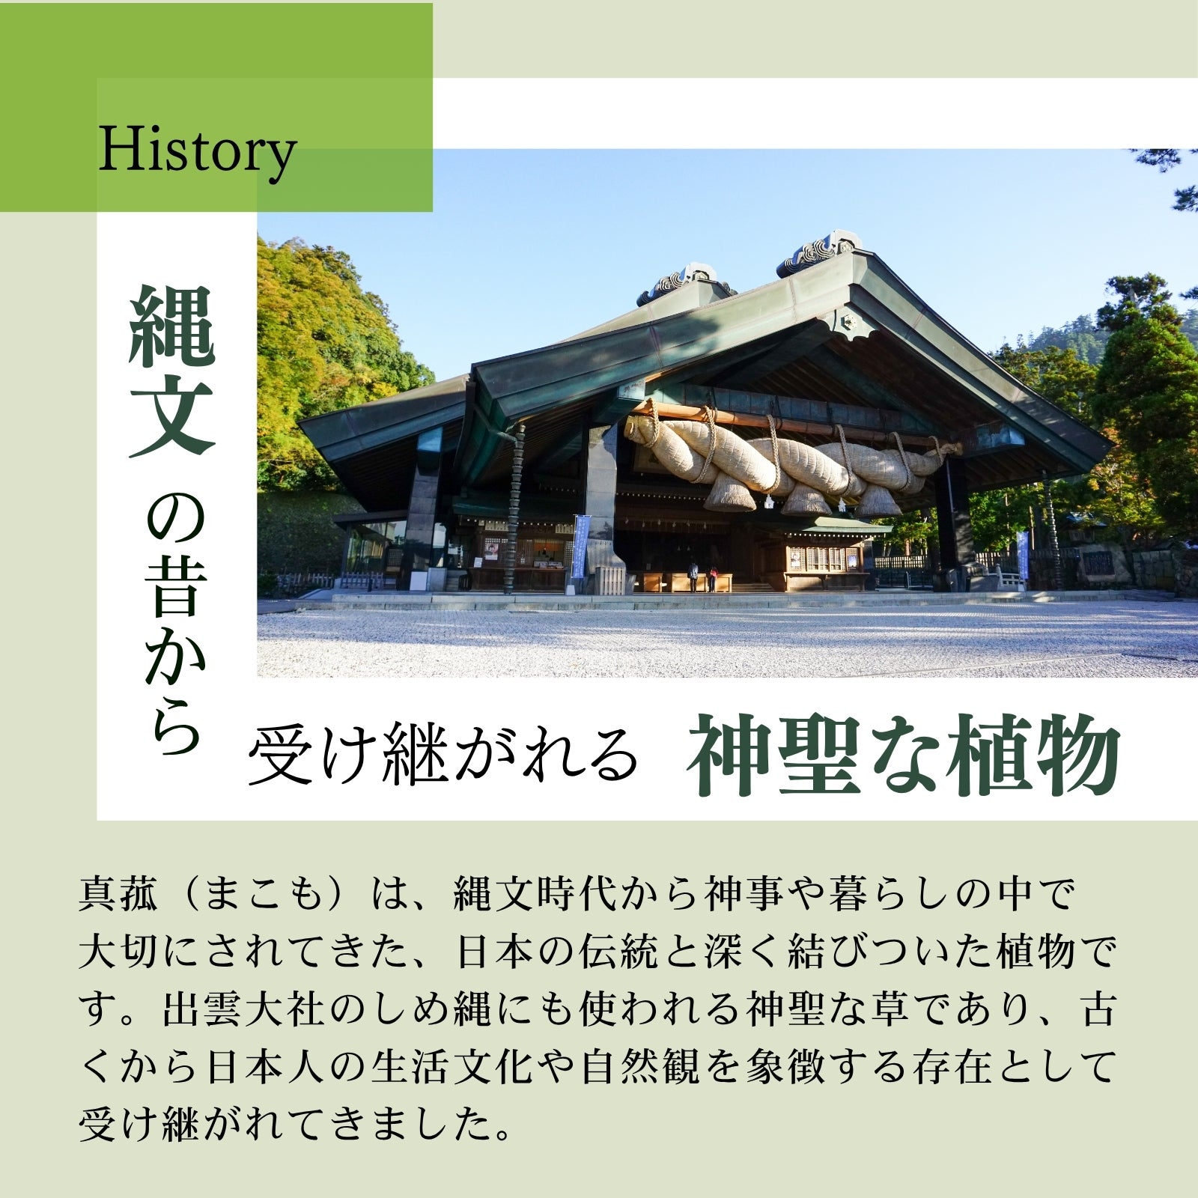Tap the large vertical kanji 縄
click(173, 329)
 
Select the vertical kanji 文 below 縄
click(173, 416)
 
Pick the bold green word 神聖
click(775, 755)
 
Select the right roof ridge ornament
click(820, 252)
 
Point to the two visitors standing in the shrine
click(702, 577)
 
